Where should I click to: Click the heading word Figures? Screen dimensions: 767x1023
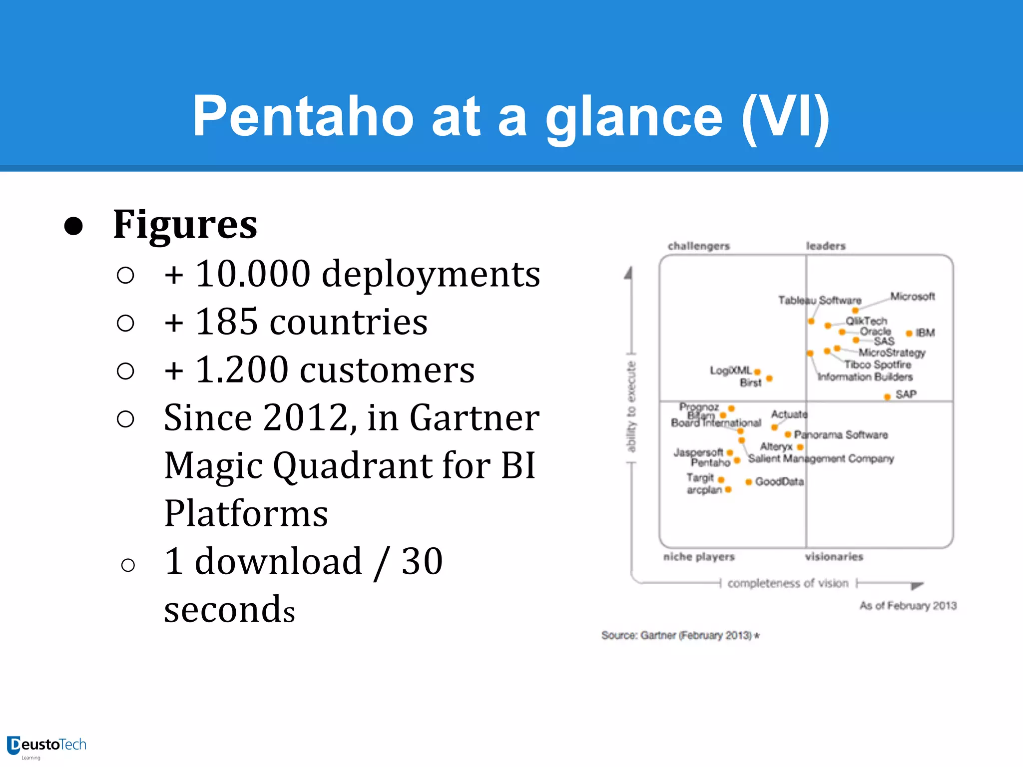click(x=185, y=225)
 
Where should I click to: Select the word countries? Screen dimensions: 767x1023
click(x=348, y=322)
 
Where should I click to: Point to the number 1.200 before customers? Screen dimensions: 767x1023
click(x=242, y=370)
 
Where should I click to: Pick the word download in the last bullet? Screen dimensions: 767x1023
click(x=278, y=561)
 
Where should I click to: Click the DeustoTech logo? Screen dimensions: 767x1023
click(x=46, y=746)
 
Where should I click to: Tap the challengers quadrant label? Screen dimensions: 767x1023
click(x=698, y=246)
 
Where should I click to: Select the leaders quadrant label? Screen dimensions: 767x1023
click(x=826, y=246)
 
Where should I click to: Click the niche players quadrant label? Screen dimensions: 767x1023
click(x=699, y=557)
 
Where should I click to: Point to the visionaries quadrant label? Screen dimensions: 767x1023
click(x=834, y=557)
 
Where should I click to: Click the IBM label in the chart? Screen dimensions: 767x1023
click(x=925, y=333)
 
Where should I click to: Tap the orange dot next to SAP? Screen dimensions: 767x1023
click(x=887, y=397)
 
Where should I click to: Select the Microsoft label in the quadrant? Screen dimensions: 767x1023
click(x=912, y=296)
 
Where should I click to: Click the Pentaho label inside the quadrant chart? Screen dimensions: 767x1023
click(x=710, y=463)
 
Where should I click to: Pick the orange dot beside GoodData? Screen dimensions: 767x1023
click(x=748, y=482)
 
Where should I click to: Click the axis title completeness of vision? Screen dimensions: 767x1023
click(x=788, y=583)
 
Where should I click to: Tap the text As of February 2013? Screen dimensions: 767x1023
click(x=908, y=606)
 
